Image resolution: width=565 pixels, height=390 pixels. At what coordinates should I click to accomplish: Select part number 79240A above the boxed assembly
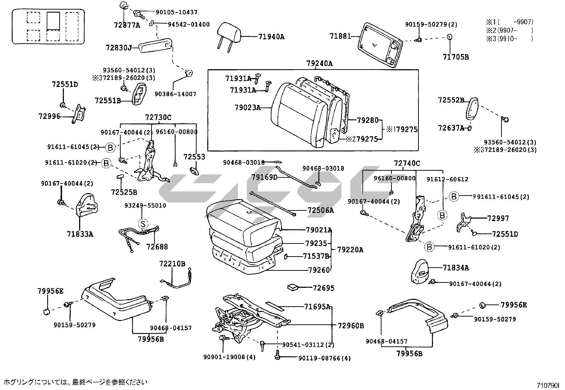319,64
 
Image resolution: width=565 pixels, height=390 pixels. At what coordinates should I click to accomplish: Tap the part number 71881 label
340,36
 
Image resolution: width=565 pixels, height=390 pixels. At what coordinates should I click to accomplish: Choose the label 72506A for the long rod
321,210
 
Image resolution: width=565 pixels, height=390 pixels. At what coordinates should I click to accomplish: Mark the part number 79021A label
319,230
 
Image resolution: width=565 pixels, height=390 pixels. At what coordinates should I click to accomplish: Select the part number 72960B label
351,325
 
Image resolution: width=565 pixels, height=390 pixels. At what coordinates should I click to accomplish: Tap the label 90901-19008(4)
229,357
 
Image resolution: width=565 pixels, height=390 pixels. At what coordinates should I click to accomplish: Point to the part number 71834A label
456,268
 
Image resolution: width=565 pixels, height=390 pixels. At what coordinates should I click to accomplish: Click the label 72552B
451,100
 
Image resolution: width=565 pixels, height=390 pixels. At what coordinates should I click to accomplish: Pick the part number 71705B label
456,57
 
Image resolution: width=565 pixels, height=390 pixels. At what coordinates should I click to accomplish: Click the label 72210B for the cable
172,264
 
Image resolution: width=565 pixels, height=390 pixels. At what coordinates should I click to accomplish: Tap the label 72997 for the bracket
498,218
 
